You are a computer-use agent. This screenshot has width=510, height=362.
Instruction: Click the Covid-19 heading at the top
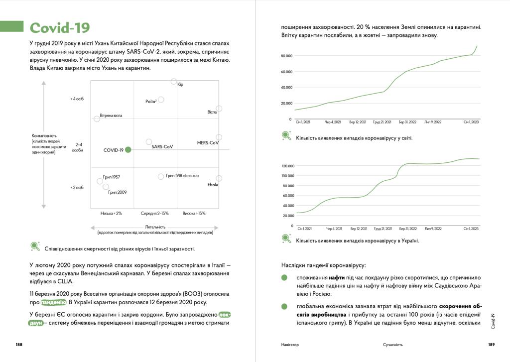coord(60,28)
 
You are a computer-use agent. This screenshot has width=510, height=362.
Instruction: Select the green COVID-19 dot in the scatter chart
coord(128,149)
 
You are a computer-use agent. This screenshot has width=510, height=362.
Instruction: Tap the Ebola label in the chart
coord(213,185)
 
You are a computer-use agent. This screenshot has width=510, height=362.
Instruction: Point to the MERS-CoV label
coord(208,143)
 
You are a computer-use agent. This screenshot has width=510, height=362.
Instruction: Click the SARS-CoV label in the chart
coord(162,147)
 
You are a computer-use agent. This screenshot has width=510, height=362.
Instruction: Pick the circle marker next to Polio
coord(161,100)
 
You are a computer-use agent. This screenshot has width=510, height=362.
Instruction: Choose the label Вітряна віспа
coord(111,116)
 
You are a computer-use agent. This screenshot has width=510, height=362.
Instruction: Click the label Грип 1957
coord(111,177)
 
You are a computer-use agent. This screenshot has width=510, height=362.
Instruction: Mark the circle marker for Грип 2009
coord(106,187)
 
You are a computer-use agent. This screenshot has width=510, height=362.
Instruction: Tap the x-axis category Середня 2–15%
coord(154,213)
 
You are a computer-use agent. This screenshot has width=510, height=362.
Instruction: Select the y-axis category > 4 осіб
coord(77,99)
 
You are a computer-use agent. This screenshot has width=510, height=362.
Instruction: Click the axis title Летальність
coord(155,227)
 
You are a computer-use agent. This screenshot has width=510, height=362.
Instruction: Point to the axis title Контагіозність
coord(44,135)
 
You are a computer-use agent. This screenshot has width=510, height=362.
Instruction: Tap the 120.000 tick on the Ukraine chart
coord(288,166)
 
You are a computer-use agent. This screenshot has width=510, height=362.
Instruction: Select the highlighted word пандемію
coord(53,302)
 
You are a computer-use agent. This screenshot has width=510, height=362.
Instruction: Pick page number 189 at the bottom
coord(491,344)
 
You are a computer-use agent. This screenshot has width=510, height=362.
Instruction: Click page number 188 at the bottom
coord(18,344)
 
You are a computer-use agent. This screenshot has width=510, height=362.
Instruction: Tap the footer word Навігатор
coord(290,345)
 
